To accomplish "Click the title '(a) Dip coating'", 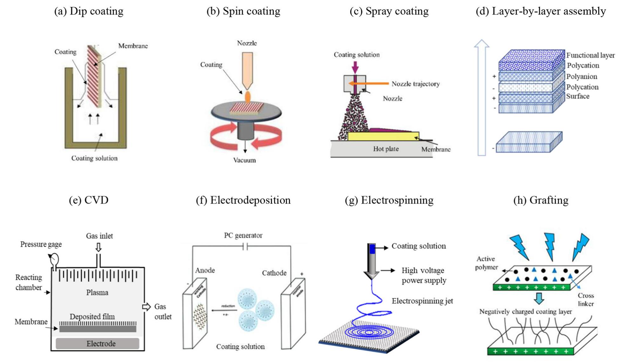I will point(89,11).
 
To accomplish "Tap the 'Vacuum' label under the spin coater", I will point(244,160).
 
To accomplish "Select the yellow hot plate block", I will point(383,136).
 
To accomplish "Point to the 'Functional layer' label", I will point(590,55).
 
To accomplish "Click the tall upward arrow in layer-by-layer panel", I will point(482,98).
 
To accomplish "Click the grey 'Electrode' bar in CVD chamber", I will point(98,343).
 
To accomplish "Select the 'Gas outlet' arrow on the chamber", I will point(146,306).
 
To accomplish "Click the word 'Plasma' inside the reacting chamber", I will point(97,292).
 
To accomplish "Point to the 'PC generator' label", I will point(243,235).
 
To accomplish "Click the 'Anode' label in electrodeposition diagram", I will point(205,270).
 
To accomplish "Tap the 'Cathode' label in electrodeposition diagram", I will point(274,273).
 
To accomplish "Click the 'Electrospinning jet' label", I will point(422,301).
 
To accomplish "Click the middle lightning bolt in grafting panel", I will point(550,246).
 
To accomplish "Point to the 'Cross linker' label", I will point(586,299).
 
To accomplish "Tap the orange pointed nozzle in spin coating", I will point(247,70).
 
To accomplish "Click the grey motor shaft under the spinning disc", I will point(246,131).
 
